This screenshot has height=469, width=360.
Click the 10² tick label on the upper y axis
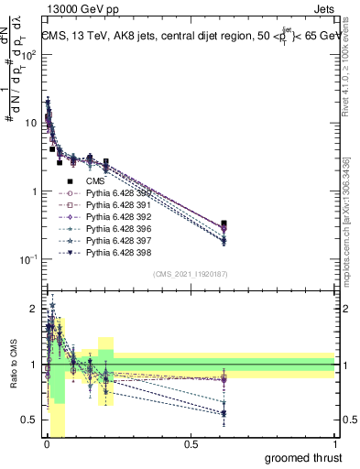pos(27,55)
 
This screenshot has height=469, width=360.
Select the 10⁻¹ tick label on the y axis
pos(27,260)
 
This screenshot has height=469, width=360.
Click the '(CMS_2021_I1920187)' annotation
pos(190,273)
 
